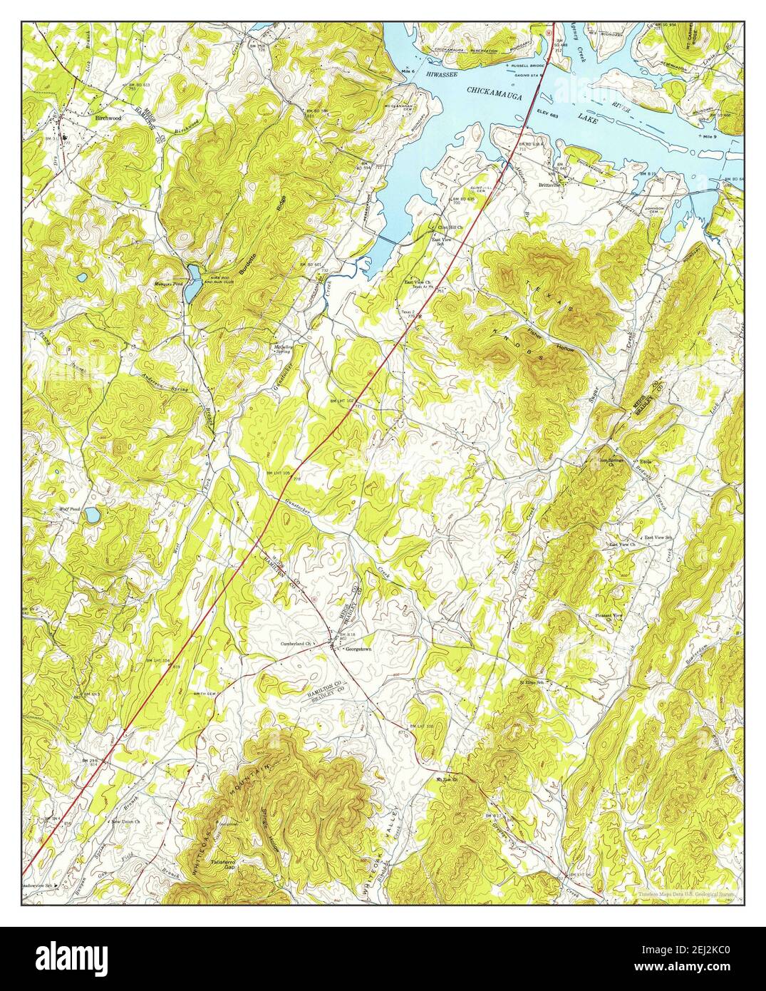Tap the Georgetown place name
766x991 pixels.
click(x=358, y=649)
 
